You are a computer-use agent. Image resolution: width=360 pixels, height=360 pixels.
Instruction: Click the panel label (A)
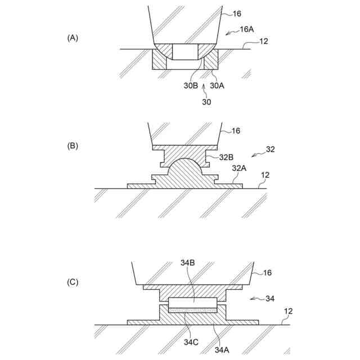click(x=73, y=38)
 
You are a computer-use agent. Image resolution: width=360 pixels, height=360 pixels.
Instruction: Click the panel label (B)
click(x=73, y=146)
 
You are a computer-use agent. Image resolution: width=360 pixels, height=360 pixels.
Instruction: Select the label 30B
click(x=191, y=85)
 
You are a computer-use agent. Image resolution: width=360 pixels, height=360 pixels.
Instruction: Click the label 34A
click(x=222, y=349)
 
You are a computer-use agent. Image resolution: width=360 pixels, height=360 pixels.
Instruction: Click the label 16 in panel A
click(x=235, y=12)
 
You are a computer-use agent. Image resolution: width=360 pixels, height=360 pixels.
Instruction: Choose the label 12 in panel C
click(x=289, y=311)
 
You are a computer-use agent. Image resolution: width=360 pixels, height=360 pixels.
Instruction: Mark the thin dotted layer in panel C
click(x=192, y=310)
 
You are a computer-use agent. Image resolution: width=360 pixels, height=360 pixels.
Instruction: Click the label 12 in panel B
click(x=265, y=175)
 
